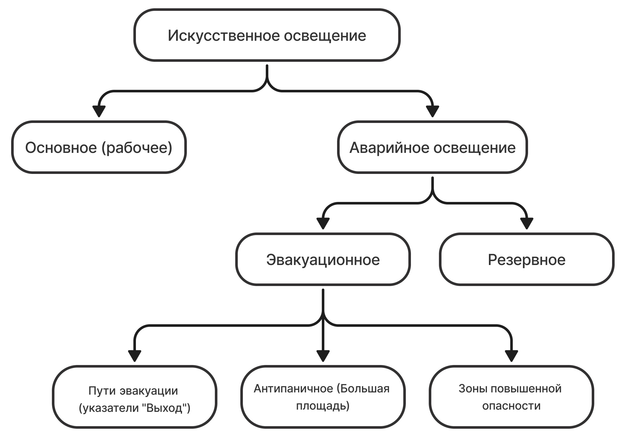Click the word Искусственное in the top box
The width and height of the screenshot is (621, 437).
tap(223, 36)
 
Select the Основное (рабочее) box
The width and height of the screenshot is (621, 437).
tap(99, 147)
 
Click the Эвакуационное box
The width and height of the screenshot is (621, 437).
tap(323, 259)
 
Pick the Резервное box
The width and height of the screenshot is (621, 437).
tap(527, 259)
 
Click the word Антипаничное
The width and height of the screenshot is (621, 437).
tap(293, 389)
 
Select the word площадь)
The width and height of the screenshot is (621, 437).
tap(323, 406)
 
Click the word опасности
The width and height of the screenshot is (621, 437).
tap(512, 406)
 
